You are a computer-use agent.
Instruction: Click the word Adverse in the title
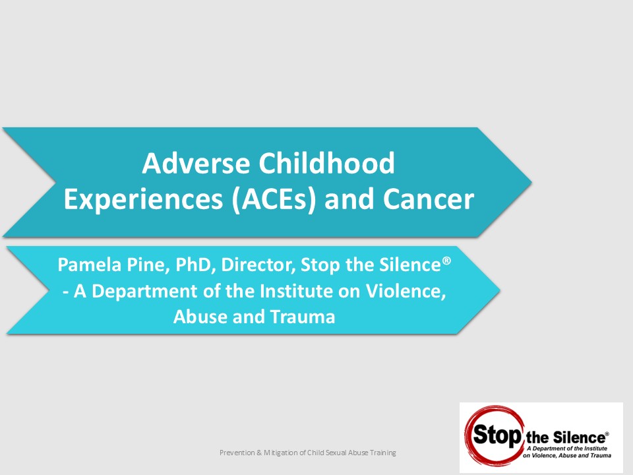196,163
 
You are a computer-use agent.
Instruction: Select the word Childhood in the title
326,163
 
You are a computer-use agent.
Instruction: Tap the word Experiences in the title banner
143,200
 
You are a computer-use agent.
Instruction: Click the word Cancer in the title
429,199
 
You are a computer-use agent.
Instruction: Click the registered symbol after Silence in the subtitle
446,260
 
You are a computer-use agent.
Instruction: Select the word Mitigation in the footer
282,453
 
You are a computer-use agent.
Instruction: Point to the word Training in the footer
383,453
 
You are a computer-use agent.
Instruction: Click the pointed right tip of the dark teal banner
531,182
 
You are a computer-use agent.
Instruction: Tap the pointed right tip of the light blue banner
500,290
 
